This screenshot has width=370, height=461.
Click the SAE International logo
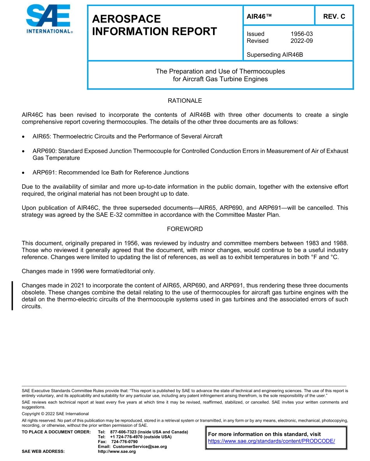click(x=49, y=19)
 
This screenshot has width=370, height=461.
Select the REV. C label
click(x=334, y=16)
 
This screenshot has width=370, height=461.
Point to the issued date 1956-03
click(x=301, y=34)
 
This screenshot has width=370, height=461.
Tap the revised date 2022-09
click(x=301, y=41)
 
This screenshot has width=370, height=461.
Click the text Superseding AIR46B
click(x=275, y=55)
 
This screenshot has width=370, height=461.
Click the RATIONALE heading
click(x=185, y=101)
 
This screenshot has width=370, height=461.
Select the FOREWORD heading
click(x=185, y=229)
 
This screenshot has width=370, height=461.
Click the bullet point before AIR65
click(x=24, y=137)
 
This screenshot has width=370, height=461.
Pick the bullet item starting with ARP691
click(x=111, y=172)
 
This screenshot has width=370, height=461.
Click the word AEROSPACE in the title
click(x=126, y=19)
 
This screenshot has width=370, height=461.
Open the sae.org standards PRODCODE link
click(x=271, y=441)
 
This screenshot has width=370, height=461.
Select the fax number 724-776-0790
click(x=124, y=442)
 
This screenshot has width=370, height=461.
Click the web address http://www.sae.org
click(x=117, y=451)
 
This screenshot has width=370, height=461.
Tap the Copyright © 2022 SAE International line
click(x=55, y=414)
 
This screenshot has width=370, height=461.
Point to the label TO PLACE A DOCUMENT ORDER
click(x=56, y=432)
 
